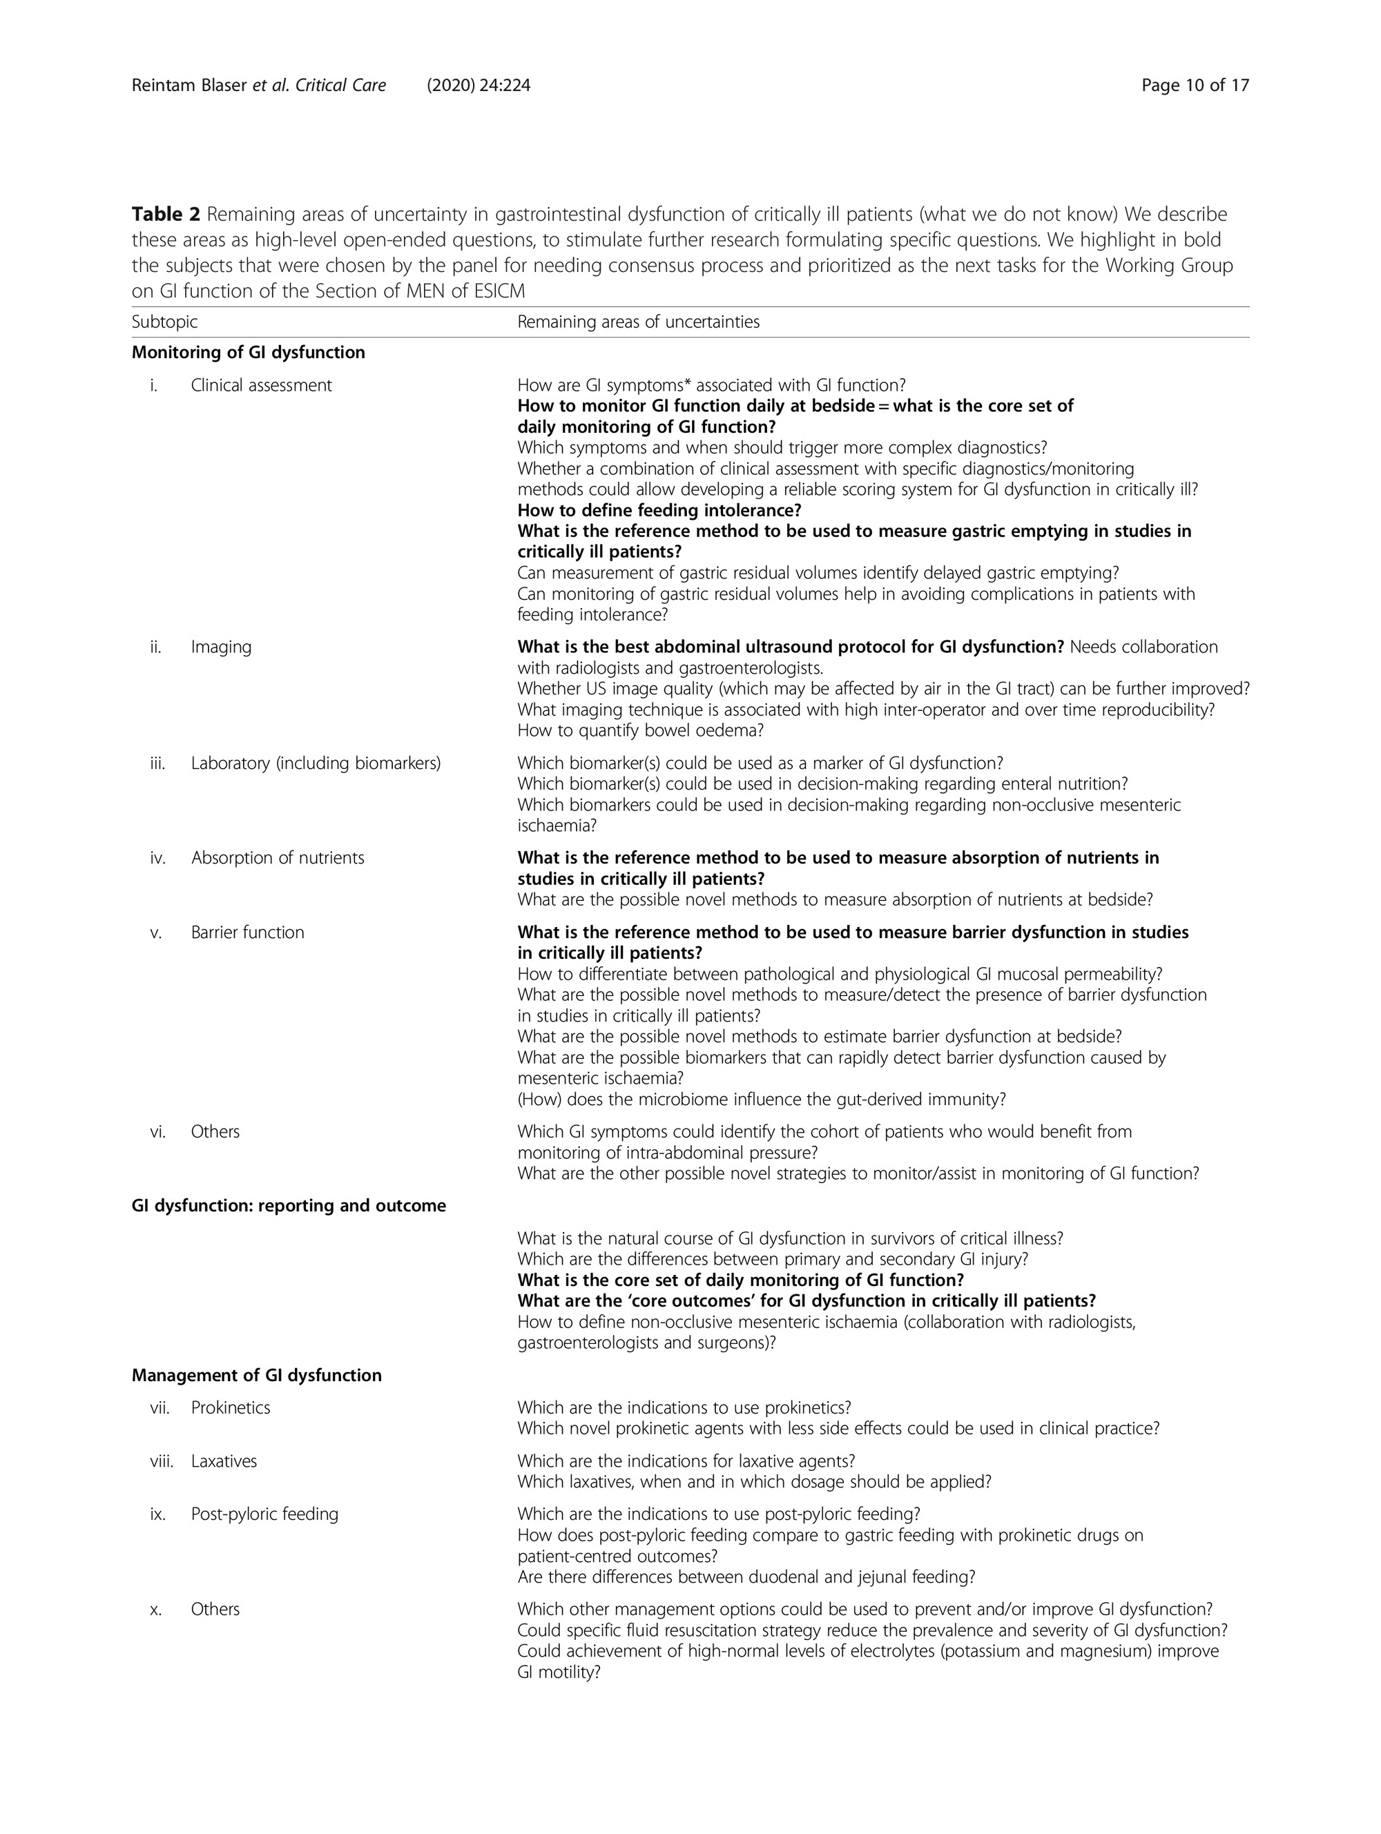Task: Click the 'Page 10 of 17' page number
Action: pos(1195,86)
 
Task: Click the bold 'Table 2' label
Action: pos(165,214)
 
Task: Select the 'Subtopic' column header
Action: pos(164,322)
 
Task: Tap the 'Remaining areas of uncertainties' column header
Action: pos(638,322)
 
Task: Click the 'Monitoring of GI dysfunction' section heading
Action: pos(248,352)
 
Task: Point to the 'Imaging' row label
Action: pos(221,647)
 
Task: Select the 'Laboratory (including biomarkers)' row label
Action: pos(315,763)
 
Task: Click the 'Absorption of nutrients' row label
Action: pos(277,858)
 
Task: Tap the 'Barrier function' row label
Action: pos(247,932)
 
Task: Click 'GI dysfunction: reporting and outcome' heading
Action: pos(289,1206)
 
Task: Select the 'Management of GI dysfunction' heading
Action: pos(256,1376)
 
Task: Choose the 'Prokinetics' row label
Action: pos(230,1408)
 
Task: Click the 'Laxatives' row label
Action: pos(223,1461)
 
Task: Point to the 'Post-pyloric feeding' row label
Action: pos(264,1514)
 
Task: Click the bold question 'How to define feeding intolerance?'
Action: pos(659,510)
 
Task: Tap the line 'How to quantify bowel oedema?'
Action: pos(639,730)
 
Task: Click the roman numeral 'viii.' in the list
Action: pos(161,1461)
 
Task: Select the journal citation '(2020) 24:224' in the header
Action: pos(479,86)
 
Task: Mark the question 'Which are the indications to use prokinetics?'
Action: pos(684,1408)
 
